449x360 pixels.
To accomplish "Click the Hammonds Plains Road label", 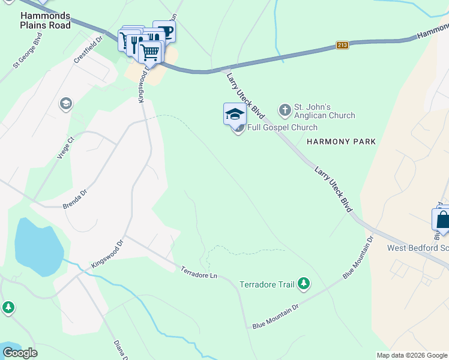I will [x=45, y=20].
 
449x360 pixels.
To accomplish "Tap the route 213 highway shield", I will [x=342, y=45].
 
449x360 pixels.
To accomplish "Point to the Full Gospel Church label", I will [x=282, y=127].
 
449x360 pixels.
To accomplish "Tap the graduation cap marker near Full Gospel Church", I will [x=235, y=113].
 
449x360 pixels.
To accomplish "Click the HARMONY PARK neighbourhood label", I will [x=341, y=142].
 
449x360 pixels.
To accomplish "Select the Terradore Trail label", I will [x=267, y=284].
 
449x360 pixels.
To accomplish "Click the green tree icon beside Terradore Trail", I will [x=304, y=283].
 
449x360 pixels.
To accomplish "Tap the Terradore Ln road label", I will [x=199, y=271].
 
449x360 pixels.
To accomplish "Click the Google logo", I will [x=20, y=353].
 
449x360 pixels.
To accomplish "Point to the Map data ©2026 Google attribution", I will [x=411, y=355].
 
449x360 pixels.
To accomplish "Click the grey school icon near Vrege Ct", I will [x=65, y=104].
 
